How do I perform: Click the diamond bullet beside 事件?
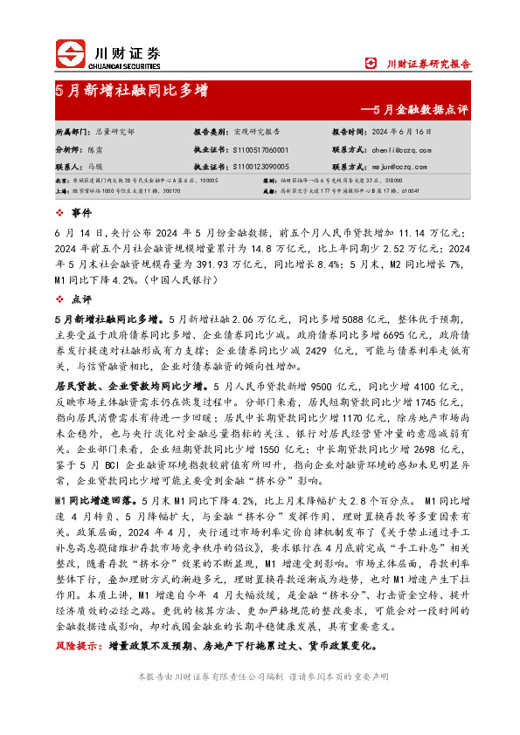point(59,212)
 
